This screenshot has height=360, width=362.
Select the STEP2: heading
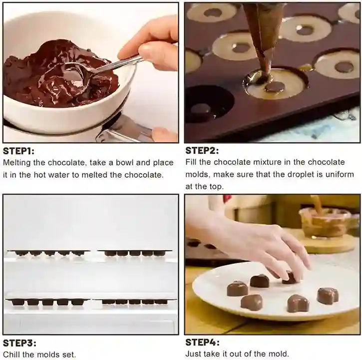(x=202, y=150)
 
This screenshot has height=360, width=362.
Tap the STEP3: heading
(x=19, y=343)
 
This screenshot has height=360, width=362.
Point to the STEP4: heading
(x=202, y=343)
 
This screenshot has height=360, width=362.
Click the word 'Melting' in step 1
(x=17, y=163)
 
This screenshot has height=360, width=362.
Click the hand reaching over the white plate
(x=260, y=240)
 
